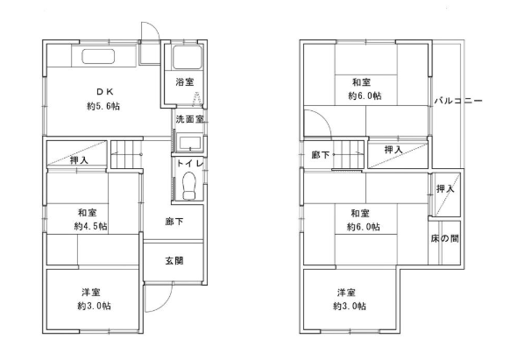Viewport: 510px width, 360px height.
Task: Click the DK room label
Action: pyautogui.click(x=105, y=92)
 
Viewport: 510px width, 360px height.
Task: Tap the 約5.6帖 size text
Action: pyautogui.click(x=103, y=106)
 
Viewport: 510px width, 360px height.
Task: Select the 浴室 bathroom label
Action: pyautogui.click(x=185, y=82)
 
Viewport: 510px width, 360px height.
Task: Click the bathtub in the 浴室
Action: pyautogui.click(x=187, y=57)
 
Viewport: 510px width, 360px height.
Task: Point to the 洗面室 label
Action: pyautogui.click(x=189, y=119)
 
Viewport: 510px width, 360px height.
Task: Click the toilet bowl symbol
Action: pyautogui.click(x=189, y=186)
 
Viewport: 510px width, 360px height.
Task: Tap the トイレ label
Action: pyautogui.click(x=190, y=163)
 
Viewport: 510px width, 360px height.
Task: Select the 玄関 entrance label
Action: pyautogui.click(x=174, y=260)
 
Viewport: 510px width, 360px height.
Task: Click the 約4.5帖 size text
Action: pyautogui.click(x=91, y=226)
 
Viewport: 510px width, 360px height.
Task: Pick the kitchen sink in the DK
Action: pyautogui.click(x=98, y=57)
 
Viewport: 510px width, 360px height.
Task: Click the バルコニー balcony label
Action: pyautogui.click(x=458, y=101)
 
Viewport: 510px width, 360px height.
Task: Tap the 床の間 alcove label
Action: pyautogui.click(x=444, y=239)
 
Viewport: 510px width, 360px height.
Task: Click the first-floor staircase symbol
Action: pyautogui.click(x=126, y=154)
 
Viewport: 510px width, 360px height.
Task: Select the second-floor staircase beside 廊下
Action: pyautogui.click(x=347, y=154)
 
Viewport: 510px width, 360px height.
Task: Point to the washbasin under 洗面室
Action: pyautogui.click(x=190, y=144)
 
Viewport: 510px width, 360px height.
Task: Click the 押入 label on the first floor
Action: pyautogui.click(x=80, y=160)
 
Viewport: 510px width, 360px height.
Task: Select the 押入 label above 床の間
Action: pyautogui.click(x=445, y=188)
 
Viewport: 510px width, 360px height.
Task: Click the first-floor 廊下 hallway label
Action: pyautogui.click(x=174, y=222)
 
